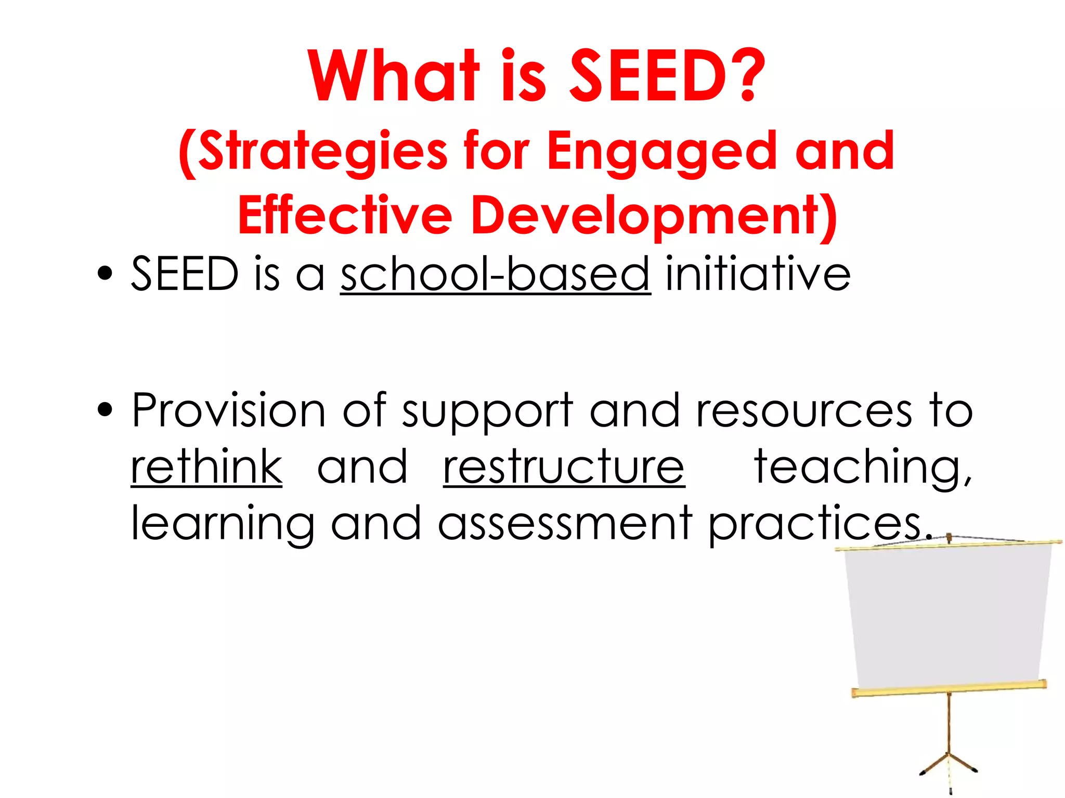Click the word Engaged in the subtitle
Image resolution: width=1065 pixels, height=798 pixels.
click(x=662, y=152)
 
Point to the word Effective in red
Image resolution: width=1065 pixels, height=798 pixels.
click(x=345, y=215)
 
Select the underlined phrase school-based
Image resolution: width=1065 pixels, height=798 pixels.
click(x=495, y=274)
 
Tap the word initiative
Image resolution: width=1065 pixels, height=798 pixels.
click(x=758, y=274)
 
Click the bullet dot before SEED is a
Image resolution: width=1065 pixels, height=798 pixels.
click(x=105, y=273)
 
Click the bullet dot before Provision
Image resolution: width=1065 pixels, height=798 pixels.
click(x=105, y=409)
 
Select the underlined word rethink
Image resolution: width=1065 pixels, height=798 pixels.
click(x=206, y=467)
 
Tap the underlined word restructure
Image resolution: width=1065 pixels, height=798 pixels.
click(x=564, y=467)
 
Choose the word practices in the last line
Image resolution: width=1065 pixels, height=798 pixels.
click(x=815, y=524)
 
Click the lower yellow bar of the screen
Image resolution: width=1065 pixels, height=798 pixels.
click(x=949, y=689)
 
